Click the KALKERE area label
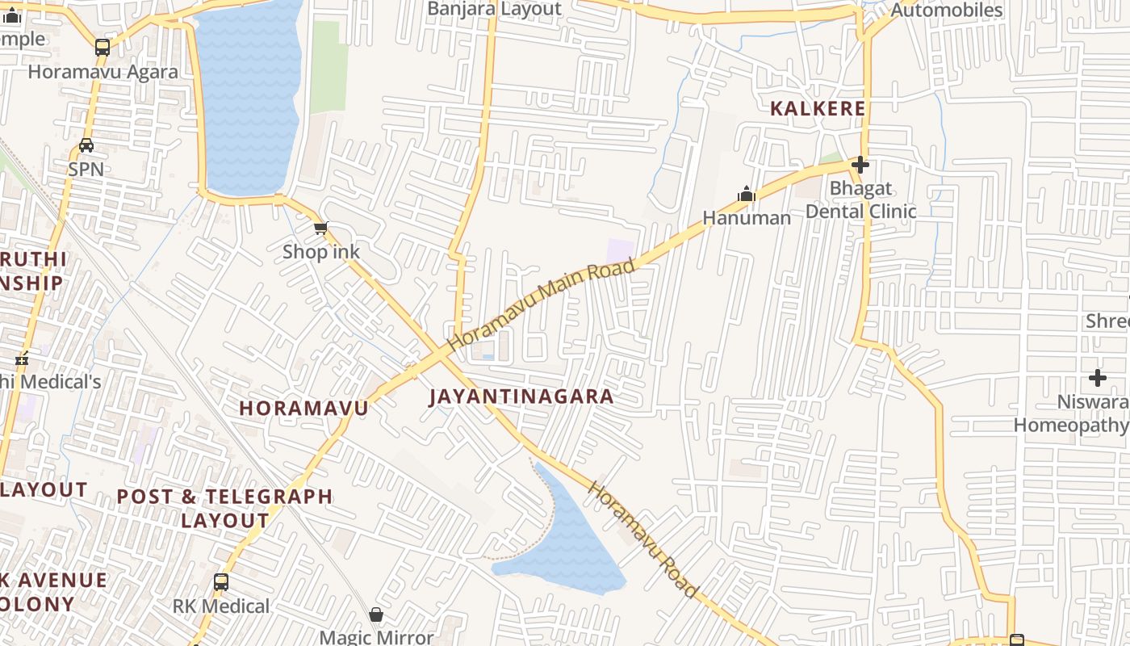pos(817,108)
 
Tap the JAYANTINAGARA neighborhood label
pos(521,396)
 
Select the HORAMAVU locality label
pos(303,408)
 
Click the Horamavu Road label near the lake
pos(642,539)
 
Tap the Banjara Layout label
pos(494,9)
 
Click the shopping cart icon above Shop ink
pos(321,229)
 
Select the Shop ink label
pos(321,252)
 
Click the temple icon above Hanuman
pos(747,194)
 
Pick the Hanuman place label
pos(747,217)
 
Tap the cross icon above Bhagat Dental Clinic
pos(860,166)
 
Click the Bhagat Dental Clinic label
pos(861,200)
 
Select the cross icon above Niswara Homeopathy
pos(1098,377)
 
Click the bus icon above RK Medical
pos(221,581)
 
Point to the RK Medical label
pos(221,606)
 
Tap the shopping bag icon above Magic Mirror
pos(376,615)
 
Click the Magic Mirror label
pos(376,636)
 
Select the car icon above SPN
pos(86,145)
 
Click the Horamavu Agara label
pos(103,71)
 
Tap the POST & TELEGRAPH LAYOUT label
pos(225,508)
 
